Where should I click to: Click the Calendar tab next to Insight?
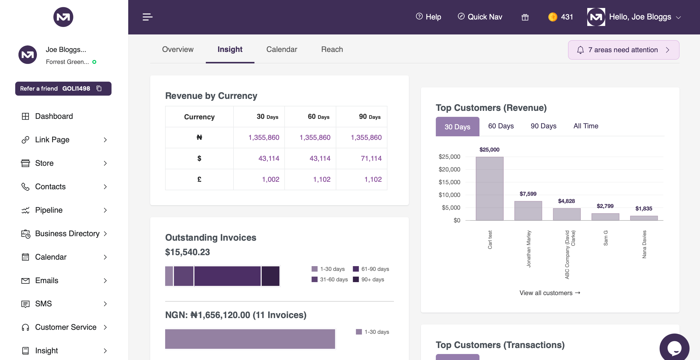pos(281,49)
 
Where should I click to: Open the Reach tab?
pos(332,49)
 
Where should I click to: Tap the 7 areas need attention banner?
pos(623,50)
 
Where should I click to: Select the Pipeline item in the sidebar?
pos(49,210)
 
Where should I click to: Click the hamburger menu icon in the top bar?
pos(147,17)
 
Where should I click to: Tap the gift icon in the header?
pos(525,17)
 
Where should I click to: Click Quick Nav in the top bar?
pos(480,17)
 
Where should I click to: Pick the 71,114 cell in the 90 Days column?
pos(371,159)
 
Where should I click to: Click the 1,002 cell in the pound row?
pos(270,180)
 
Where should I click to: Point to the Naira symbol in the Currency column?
pos(199,138)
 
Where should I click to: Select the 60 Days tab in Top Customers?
pos(501,126)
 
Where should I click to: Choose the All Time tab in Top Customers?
pos(585,126)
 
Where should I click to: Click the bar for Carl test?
pos(489,188)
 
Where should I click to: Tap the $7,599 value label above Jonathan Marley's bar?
pos(528,194)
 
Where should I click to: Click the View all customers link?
pos(550,293)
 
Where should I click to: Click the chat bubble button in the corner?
pos(674,348)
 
